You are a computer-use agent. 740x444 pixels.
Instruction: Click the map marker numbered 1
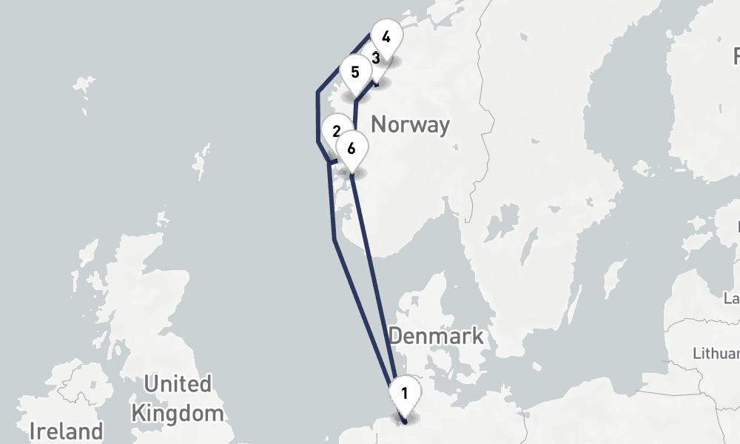[x=405, y=392]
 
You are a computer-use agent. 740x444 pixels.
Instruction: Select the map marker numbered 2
[x=337, y=132]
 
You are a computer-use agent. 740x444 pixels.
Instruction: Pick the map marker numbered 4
[x=386, y=36]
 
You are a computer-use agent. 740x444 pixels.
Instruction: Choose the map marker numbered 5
[x=355, y=73]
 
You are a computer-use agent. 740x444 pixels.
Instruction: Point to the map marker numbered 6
[x=351, y=148]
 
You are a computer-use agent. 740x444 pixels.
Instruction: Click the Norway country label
[x=410, y=124]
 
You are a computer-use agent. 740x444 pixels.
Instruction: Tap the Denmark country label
[x=436, y=335]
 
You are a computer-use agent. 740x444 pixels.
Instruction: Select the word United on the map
[x=178, y=384]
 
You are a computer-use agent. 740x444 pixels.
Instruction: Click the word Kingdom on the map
[x=178, y=412]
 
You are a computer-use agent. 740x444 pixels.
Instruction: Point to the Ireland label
[x=66, y=431]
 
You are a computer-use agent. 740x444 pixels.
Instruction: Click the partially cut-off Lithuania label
[x=716, y=353]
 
